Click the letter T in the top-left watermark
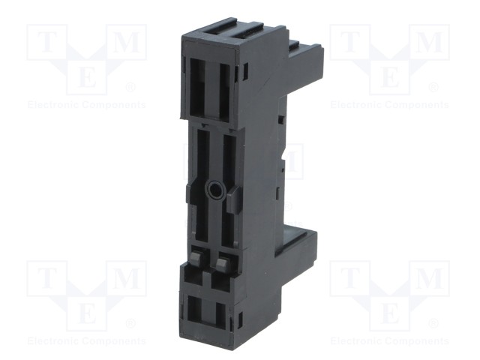tap(46, 41)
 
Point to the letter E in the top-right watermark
tap(389, 76)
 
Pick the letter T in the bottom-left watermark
tap(46, 278)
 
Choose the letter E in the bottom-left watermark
tap(87, 313)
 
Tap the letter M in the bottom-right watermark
tap(429, 278)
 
